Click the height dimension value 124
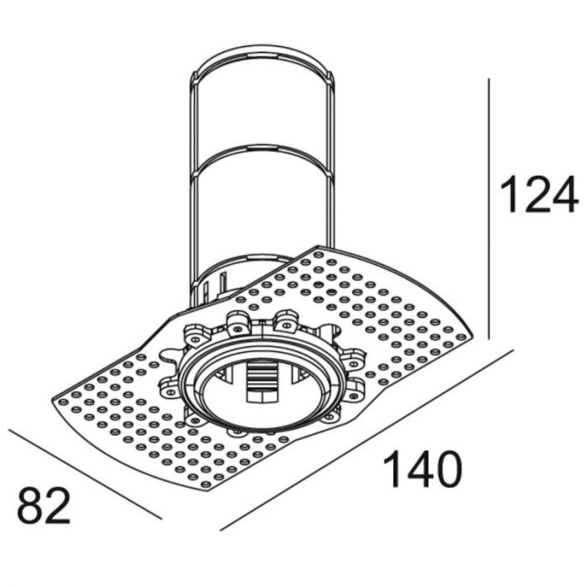coord(538,194)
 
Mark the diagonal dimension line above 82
coord(84,474)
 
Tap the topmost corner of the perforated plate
coord(319,247)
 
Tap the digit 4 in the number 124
coord(564,194)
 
